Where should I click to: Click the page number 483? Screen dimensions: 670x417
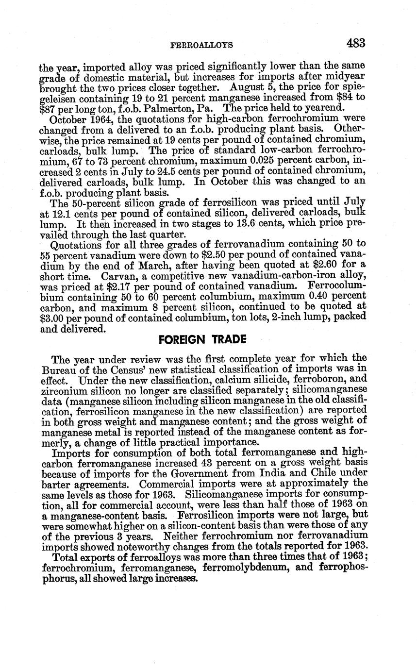pyautogui.click(x=355, y=43)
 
